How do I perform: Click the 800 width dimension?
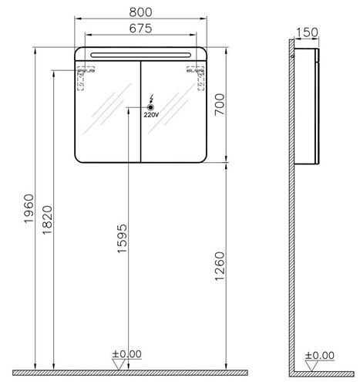click(x=140, y=12)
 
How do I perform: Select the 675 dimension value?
click(x=140, y=28)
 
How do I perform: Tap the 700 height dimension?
click(x=220, y=104)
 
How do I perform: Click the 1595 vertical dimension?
click(x=122, y=238)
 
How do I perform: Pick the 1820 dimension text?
click(x=47, y=220)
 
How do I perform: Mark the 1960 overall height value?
click(x=29, y=208)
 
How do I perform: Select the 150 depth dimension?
click(x=307, y=32)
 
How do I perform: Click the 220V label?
click(x=151, y=115)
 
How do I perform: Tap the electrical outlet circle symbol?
click(x=151, y=107)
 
